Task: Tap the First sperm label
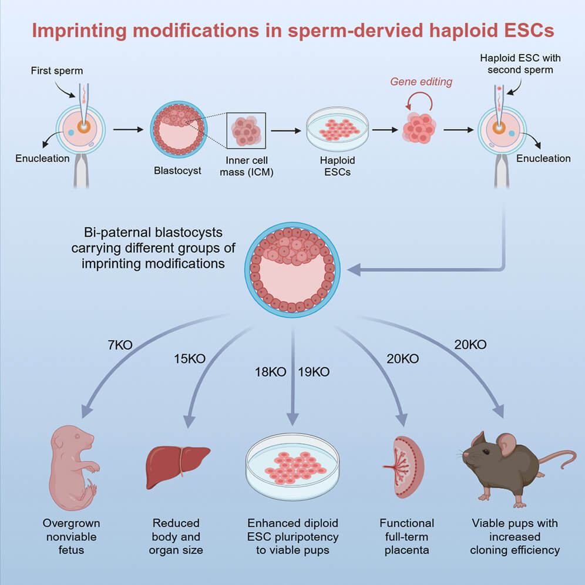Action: tap(57, 71)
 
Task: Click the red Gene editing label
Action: tap(421, 82)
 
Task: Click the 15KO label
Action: tap(189, 358)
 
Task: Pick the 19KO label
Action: tap(314, 372)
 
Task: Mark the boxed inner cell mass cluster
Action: tap(246, 130)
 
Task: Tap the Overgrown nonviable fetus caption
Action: tap(71, 536)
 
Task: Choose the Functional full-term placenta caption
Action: tap(406, 536)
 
